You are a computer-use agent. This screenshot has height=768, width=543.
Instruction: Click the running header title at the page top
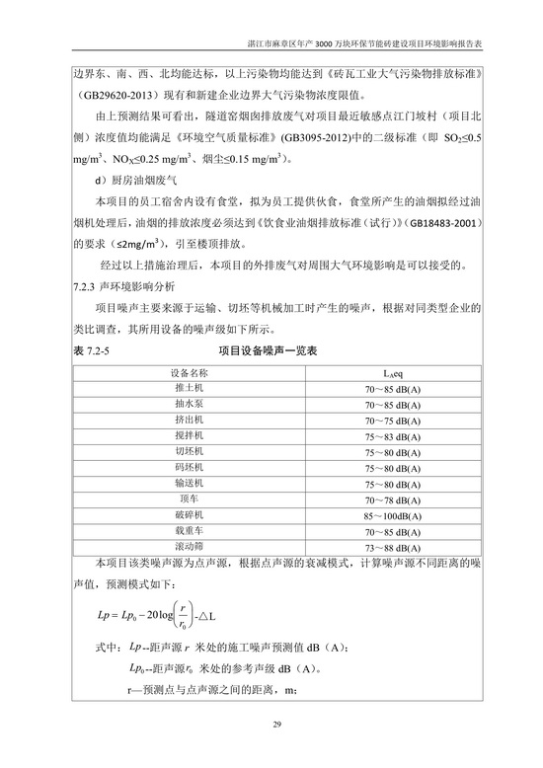(363, 45)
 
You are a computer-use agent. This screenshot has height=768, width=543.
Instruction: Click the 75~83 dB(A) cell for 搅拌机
(395, 435)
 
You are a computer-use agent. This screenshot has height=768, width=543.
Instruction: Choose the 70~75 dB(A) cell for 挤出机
(395, 420)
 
